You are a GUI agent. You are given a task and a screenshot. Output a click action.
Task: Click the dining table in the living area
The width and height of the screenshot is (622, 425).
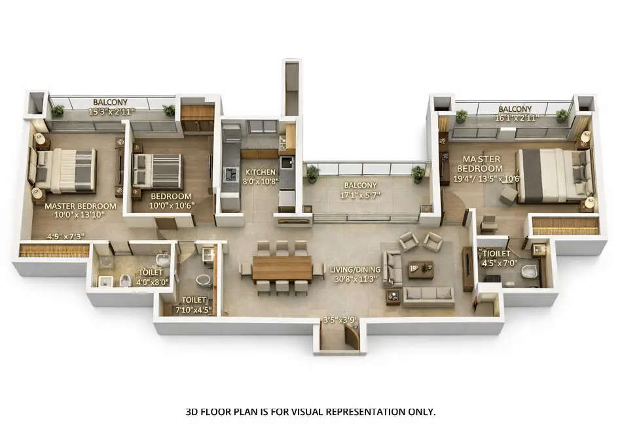[282, 267]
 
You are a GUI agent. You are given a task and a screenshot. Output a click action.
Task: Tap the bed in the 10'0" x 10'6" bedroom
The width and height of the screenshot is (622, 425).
[157, 171]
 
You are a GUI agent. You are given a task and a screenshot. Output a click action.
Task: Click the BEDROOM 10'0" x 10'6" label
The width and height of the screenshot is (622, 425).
[171, 196]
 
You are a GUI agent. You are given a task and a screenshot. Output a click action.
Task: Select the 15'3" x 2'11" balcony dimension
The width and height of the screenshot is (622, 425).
[110, 111]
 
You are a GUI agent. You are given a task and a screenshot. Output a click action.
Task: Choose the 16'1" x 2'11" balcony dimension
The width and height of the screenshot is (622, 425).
[515, 118]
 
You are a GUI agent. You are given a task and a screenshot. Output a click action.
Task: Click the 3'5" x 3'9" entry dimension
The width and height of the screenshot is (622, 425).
[339, 320]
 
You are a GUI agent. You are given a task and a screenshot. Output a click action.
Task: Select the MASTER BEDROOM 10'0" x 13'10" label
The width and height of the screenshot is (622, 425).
[81, 206]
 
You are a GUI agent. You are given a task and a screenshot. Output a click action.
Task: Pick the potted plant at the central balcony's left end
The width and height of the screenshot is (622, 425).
[312, 173]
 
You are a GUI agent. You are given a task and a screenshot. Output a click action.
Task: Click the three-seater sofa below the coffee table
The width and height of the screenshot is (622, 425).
[428, 296]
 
